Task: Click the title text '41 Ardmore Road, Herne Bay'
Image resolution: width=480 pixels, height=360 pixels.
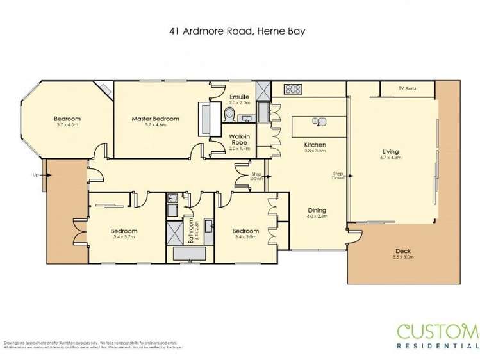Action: (240, 29)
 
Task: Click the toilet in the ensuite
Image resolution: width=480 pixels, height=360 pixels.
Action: (229, 114)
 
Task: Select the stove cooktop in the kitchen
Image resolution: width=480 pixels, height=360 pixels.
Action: (293, 90)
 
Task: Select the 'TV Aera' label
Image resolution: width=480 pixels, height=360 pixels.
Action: (407, 88)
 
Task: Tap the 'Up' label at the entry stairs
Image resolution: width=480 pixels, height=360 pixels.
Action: (36, 174)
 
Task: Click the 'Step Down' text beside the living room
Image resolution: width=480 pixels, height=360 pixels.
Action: (338, 176)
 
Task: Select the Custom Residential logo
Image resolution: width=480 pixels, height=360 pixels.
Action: (437, 337)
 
